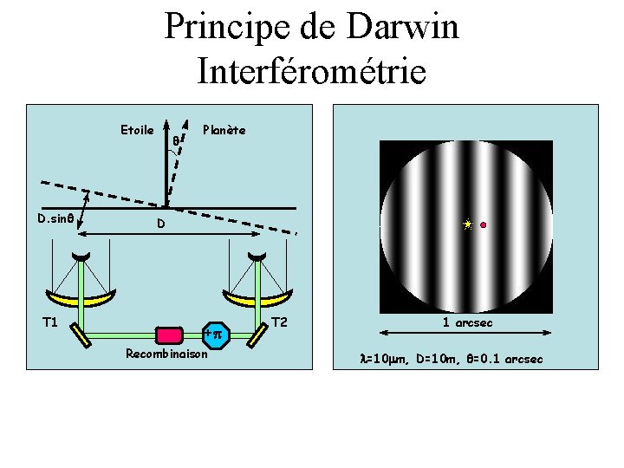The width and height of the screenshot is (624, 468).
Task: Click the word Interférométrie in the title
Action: [x=312, y=70]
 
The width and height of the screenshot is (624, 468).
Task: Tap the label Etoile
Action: [x=137, y=130]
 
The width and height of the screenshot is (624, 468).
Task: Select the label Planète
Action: [x=224, y=130]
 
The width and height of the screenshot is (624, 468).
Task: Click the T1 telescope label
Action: [x=50, y=322]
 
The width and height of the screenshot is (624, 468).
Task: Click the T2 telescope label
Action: [x=279, y=322]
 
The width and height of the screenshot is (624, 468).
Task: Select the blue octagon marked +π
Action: [x=214, y=335]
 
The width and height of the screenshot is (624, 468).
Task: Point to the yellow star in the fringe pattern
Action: [x=468, y=224]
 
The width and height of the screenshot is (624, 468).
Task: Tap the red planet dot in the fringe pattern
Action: [x=483, y=225]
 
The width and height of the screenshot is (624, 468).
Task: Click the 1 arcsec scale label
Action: [x=468, y=322]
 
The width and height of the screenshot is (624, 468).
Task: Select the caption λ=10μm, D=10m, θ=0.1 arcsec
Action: [x=452, y=358]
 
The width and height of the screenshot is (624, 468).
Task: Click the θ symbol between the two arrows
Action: [x=176, y=140]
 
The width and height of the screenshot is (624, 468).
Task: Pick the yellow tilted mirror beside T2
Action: [x=257, y=334]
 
